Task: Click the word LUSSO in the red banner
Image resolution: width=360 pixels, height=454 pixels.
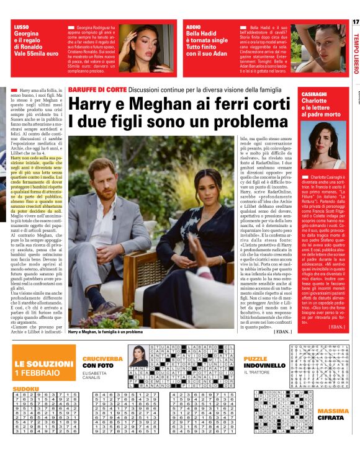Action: pos(21,27)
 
